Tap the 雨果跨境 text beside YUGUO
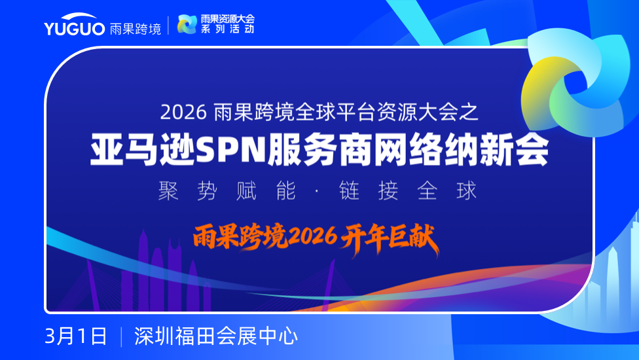(136, 29)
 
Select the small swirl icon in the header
(187, 24)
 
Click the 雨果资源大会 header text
(228, 19)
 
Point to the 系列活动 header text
(228, 29)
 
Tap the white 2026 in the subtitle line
(183, 112)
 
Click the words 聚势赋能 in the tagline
(227, 191)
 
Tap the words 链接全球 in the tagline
(407, 191)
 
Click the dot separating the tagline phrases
(317, 191)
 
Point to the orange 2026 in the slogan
(312, 236)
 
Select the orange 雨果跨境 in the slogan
(240, 236)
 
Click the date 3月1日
(76, 336)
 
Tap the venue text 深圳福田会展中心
(216, 336)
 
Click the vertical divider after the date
(121, 337)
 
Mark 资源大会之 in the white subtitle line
(427, 112)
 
